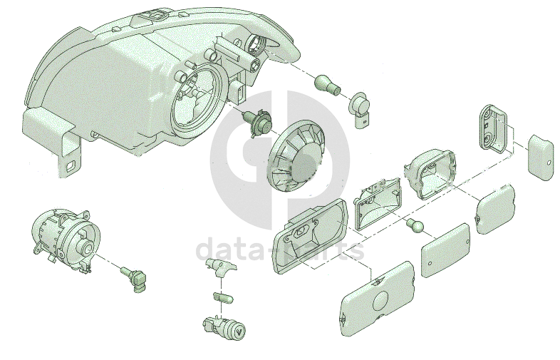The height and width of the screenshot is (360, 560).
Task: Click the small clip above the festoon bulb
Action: coord(219,267)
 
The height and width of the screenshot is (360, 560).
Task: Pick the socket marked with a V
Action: coord(227,329)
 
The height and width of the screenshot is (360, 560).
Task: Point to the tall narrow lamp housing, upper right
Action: coord(493,128)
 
